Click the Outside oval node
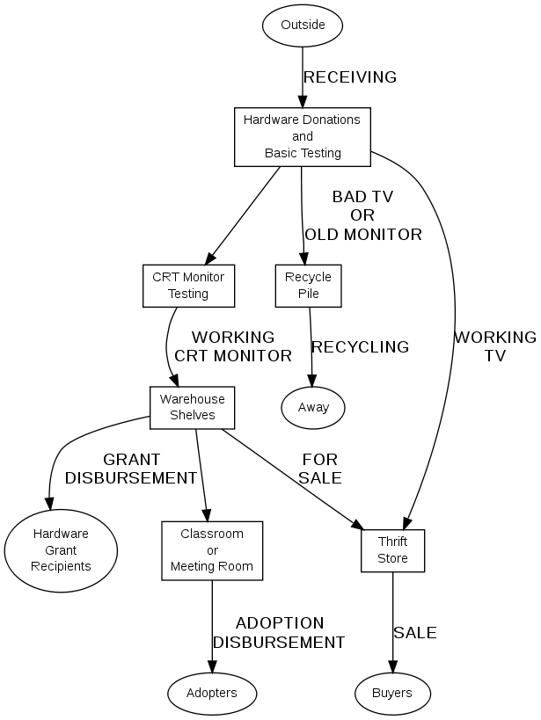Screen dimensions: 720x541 click(303, 25)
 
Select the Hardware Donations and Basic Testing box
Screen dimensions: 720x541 click(303, 137)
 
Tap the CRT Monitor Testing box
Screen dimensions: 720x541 click(188, 286)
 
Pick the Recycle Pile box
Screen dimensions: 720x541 click(308, 286)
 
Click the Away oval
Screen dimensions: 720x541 click(313, 408)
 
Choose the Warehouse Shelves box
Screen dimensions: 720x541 click(192, 408)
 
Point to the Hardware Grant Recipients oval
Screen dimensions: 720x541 click(61, 549)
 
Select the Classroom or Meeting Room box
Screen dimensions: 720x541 click(212, 549)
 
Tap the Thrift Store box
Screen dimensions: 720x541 click(392, 550)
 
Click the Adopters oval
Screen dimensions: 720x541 click(212, 693)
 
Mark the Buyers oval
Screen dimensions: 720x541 click(392, 693)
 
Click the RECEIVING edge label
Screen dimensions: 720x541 click(350, 77)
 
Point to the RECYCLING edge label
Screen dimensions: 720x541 click(361, 347)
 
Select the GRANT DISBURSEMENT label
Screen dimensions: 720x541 click(131, 469)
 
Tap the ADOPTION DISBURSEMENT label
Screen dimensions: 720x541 click(279, 633)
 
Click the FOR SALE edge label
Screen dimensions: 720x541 click(319, 469)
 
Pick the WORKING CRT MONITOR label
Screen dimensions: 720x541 click(233, 346)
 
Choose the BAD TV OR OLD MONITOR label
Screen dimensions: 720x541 click(362, 215)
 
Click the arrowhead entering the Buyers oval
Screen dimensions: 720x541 click(392, 667)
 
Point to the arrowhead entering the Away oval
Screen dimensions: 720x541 click(312, 382)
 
